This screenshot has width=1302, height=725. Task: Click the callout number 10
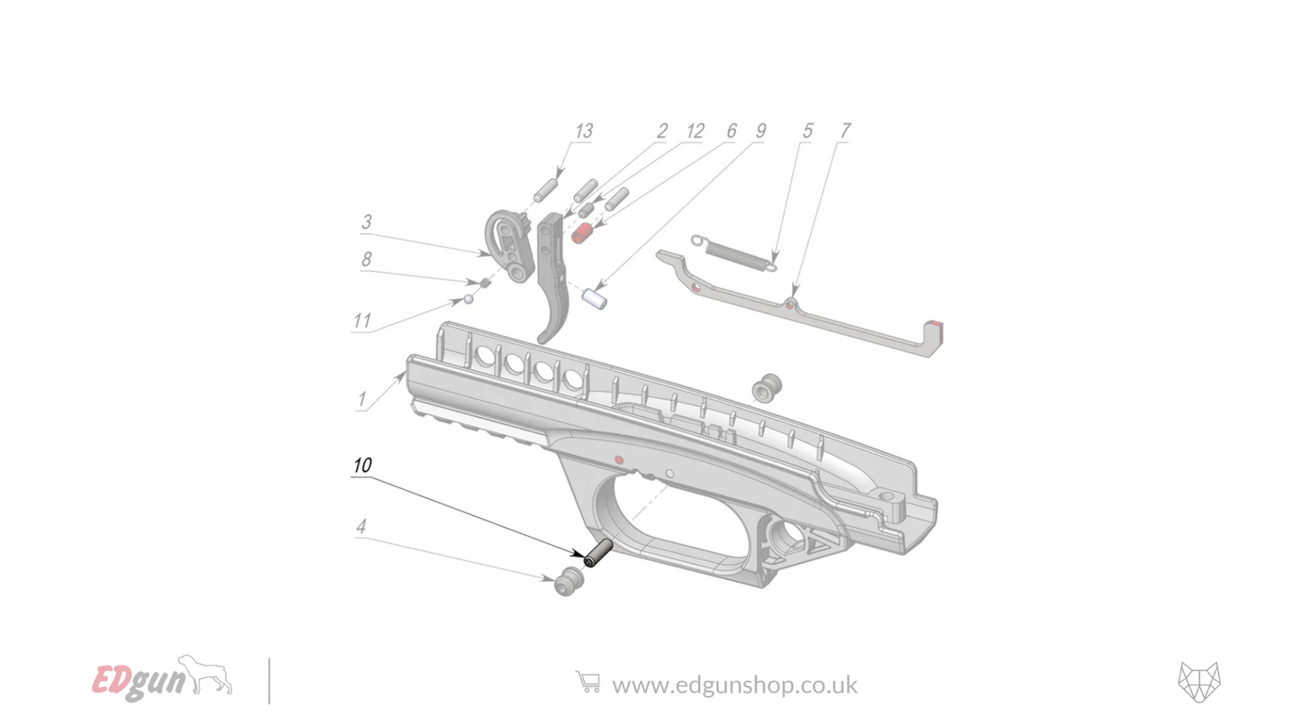[x=361, y=466]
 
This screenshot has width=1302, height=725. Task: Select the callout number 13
[x=583, y=131]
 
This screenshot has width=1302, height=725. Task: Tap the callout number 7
[x=843, y=131]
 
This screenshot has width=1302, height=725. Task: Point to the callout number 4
[x=360, y=527]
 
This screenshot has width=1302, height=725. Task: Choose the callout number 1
[x=361, y=398]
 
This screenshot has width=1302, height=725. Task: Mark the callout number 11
[x=362, y=321]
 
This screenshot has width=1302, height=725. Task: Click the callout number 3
[x=367, y=222]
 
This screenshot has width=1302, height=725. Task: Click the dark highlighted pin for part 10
[x=598, y=553]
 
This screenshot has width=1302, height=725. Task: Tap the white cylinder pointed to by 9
[x=594, y=296]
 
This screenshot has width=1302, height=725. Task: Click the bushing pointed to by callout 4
[x=567, y=583]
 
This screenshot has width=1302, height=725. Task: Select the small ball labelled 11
[x=469, y=299]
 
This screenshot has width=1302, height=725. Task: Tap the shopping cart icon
[x=587, y=682]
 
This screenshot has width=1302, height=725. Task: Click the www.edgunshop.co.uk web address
[x=734, y=684]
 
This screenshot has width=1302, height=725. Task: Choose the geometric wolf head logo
[x=1198, y=682]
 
